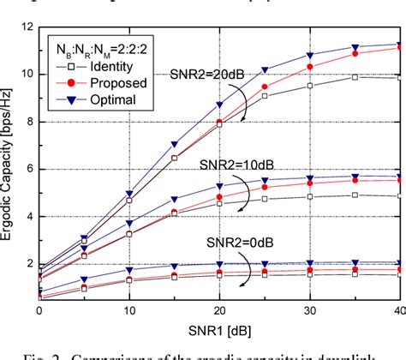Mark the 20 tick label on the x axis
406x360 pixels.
click(219, 310)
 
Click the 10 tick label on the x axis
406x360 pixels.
click(129, 310)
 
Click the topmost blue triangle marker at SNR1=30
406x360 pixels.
click(310, 55)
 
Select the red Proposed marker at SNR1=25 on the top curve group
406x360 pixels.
click(265, 87)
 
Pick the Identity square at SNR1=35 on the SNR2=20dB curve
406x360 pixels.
click(355, 76)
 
